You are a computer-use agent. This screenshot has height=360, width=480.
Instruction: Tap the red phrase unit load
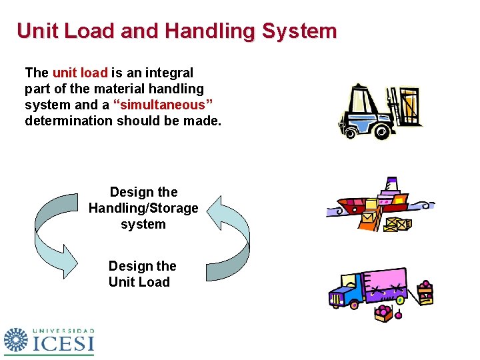[80, 72]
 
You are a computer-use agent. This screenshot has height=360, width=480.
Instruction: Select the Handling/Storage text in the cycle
[143, 208]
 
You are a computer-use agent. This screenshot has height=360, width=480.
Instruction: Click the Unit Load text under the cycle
[139, 282]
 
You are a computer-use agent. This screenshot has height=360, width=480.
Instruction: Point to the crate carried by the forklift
[408, 105]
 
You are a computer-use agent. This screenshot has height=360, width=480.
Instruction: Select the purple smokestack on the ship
[392, 183]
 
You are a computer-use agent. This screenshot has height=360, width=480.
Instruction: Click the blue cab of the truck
[345, 293]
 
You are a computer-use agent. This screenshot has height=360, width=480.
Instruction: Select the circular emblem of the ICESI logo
[16, 339]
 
